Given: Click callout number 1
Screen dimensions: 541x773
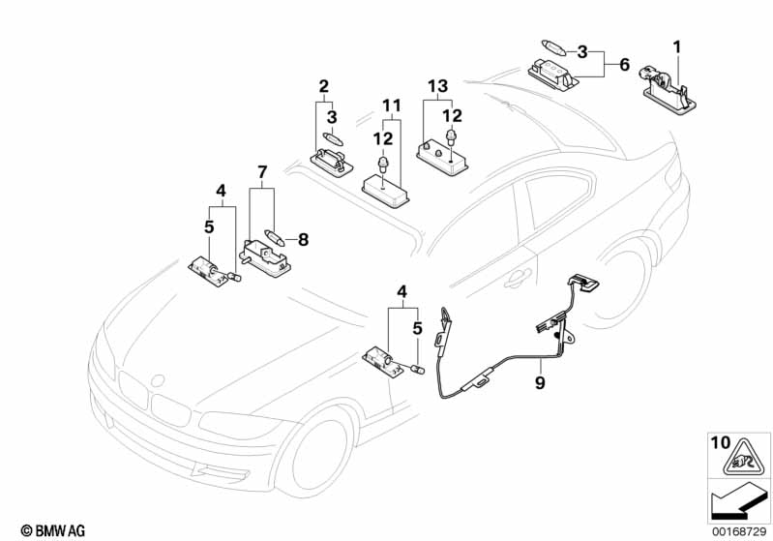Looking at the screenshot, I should coord(677,46).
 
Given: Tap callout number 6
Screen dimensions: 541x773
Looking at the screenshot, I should coord(624,64).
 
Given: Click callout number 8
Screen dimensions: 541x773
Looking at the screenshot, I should coord(303,237).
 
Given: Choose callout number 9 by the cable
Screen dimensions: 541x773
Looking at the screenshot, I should coord(540,383).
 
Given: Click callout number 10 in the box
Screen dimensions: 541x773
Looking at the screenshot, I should coord(721,444).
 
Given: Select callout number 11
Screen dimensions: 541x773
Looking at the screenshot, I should coord(390,104).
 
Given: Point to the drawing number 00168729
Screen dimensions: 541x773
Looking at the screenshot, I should coord(738,529).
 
